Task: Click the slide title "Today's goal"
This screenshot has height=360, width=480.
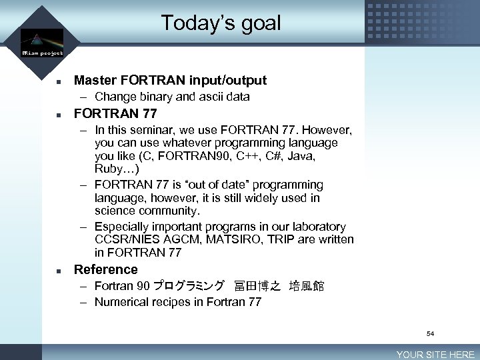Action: [x=221, y=23]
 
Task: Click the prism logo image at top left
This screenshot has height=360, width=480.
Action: [x=41, y=38]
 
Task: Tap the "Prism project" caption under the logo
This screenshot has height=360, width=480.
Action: [x=42, y=52]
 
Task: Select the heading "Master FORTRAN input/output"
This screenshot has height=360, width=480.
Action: [x=170, y=80]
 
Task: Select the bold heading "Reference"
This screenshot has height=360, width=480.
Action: [x=105, y=269]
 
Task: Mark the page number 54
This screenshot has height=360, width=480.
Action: [x=430, y=333]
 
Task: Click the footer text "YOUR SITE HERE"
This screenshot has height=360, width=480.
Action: [x=435, y=355]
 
